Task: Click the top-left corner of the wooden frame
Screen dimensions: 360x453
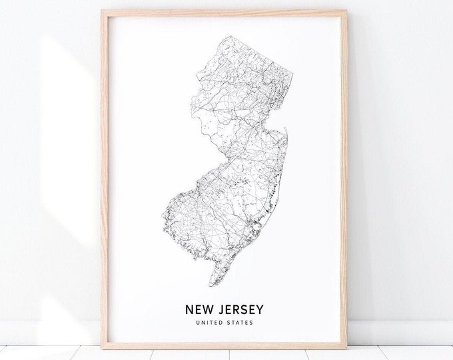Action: pos(103,12)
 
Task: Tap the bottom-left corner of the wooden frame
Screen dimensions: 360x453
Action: pos(103,347)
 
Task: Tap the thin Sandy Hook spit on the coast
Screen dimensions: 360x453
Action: pos(285,133)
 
